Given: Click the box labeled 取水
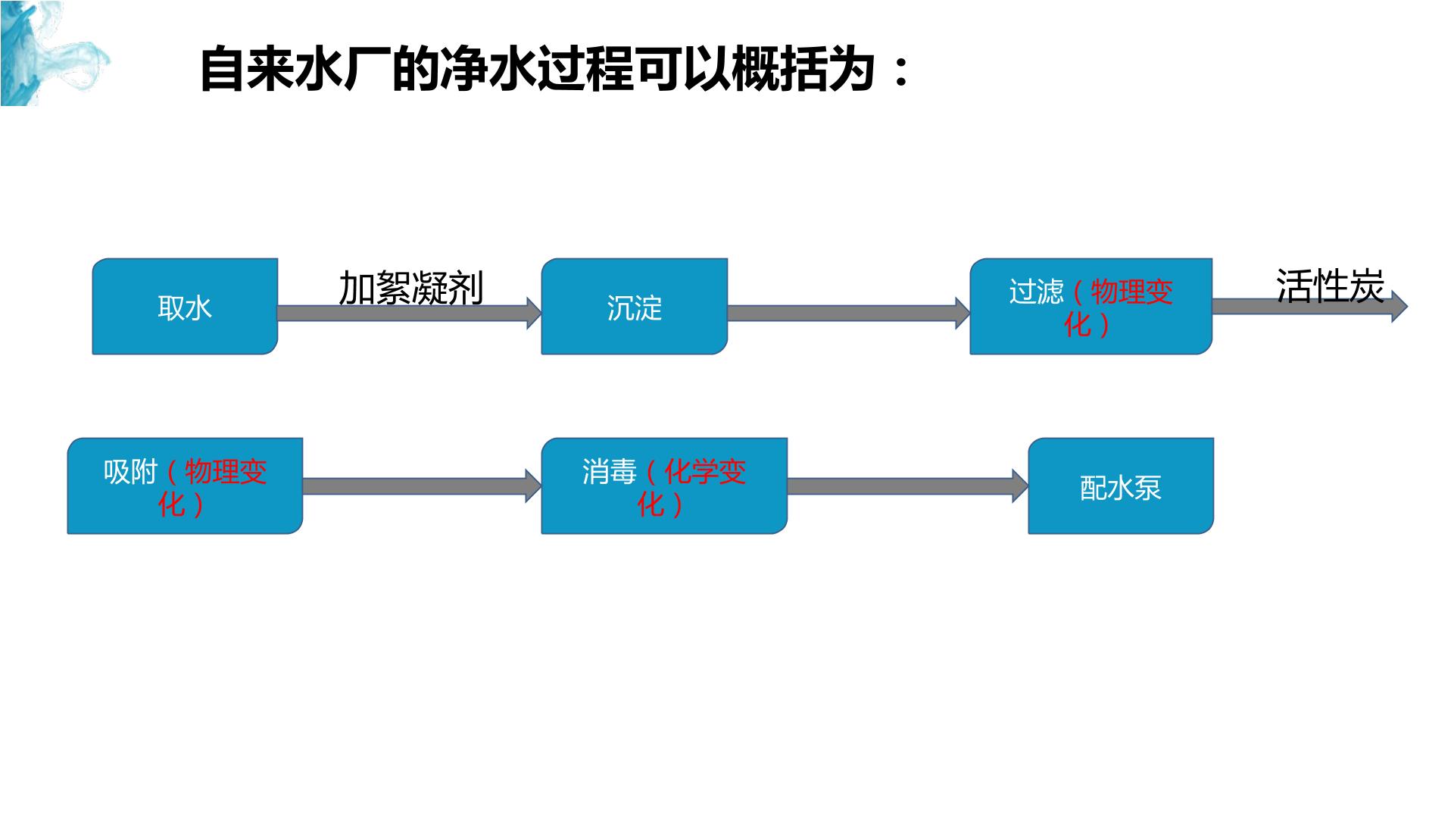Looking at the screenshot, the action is [185, 306].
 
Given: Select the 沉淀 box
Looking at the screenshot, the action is [635, 306].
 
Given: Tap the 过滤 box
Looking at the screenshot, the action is [1091, 306].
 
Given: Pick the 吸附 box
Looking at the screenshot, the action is [185, 485].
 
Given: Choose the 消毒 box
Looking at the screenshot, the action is [664, 485].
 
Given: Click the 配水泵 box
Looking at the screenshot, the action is [1121, 485].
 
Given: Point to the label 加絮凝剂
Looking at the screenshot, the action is [410, 288].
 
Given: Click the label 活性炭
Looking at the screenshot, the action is [1330, 286].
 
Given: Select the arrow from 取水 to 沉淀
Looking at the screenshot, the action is [410, 313].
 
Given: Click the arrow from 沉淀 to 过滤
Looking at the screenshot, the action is [849, 313].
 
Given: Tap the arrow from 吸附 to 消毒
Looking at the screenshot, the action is [423, 485].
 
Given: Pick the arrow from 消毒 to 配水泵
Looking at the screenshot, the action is [908, 485].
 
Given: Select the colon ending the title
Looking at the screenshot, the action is [900, 71].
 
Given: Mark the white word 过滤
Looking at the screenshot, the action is [1036, 292].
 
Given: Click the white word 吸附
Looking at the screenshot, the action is [130, 472].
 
